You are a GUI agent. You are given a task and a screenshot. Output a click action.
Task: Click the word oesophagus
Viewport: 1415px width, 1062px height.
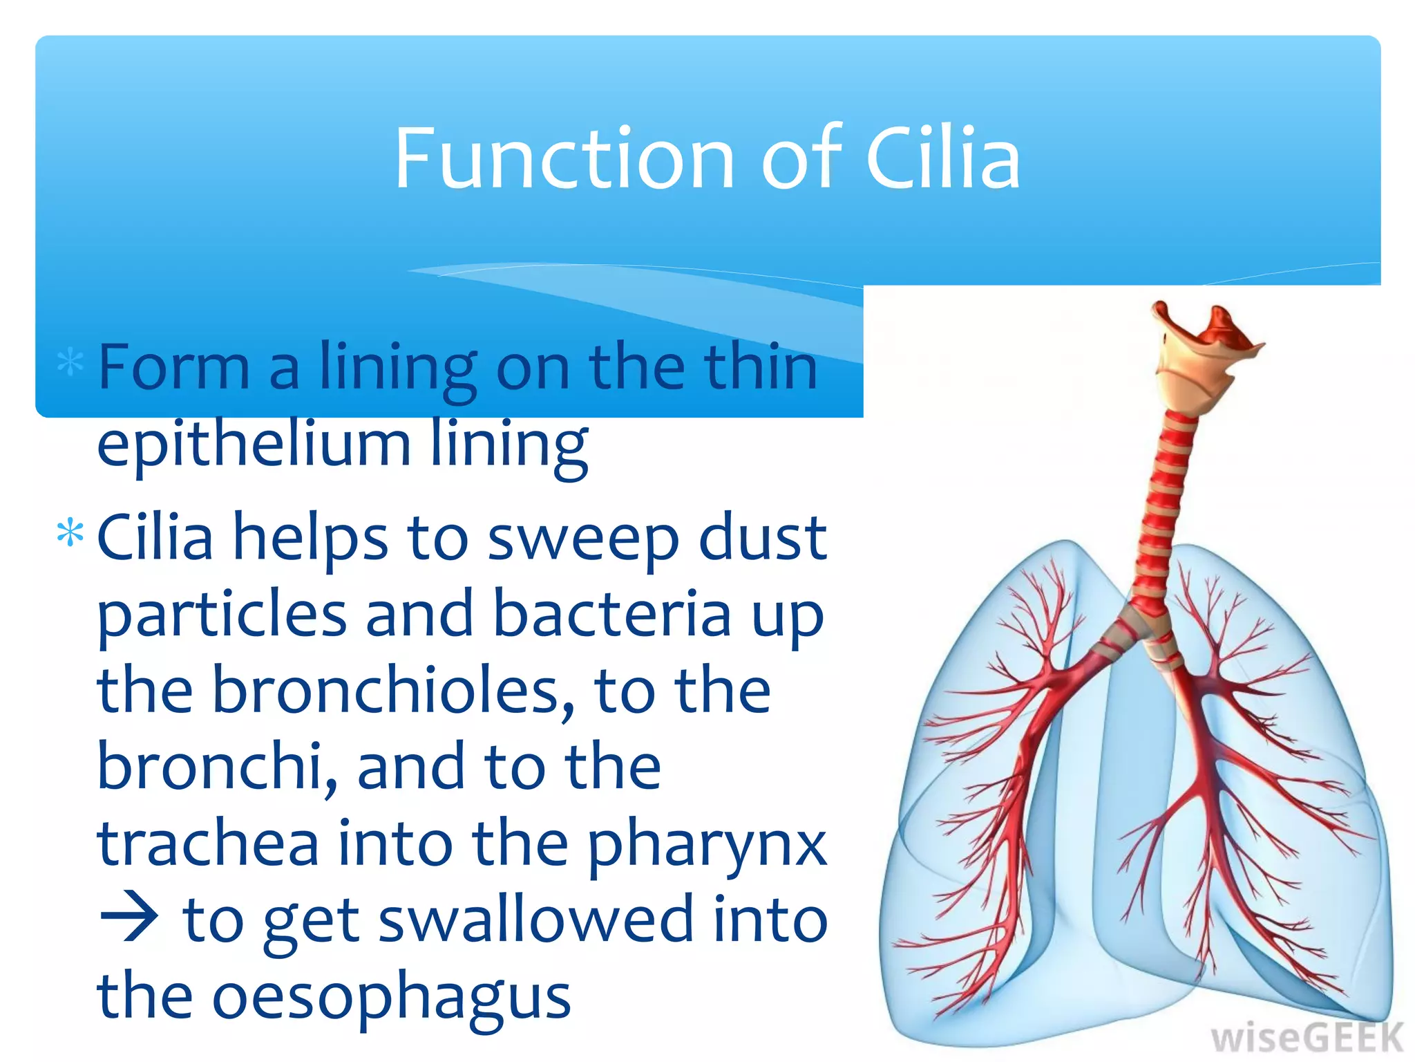(391, 999)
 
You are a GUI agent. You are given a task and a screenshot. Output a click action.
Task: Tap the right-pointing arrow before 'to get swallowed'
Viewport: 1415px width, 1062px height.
(129, 920)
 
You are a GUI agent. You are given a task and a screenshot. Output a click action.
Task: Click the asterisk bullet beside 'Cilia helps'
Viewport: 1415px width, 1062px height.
(70, 533)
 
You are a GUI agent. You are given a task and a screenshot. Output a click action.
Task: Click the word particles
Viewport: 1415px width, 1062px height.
(222, 615)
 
